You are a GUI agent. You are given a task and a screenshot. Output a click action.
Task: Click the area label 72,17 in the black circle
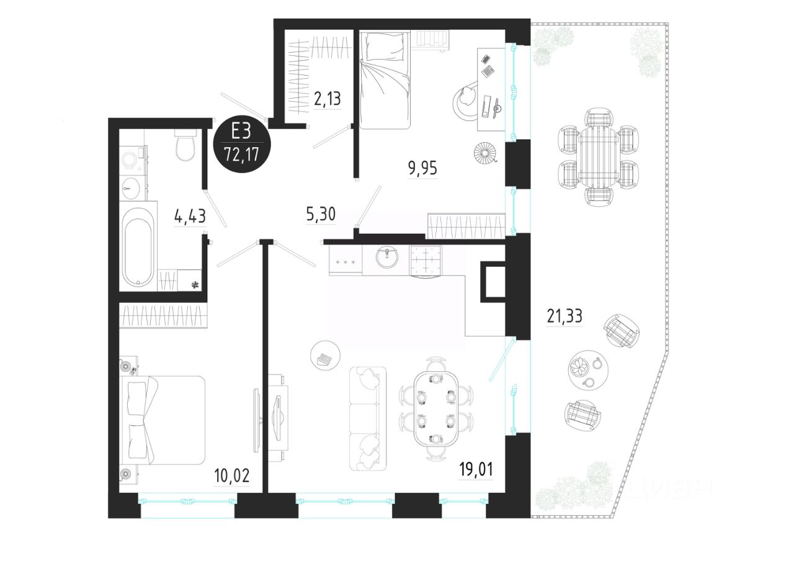tap(241, 155)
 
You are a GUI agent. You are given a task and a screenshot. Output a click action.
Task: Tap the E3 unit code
tap(241, 131)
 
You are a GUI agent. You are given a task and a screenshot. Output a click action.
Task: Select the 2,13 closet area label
tap(327, 99)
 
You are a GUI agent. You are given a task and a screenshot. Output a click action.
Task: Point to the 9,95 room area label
tap(422, 168)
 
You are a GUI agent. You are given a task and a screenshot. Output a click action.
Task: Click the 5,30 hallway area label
tap(321, 215)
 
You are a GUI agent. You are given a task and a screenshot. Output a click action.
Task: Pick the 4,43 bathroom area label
tap(190, 216)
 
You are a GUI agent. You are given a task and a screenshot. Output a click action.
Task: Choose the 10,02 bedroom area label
tap(232, 475)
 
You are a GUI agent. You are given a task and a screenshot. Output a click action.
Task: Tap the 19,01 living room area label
tap(476, 470)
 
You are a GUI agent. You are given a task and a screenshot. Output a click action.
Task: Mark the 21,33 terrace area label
tap(564, 316)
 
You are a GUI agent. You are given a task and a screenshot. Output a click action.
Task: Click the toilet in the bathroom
tap(185, 145)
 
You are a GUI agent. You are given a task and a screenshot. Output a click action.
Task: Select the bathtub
tap(138, 247)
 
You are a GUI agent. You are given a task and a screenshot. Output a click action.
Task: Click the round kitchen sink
tap(387, 258)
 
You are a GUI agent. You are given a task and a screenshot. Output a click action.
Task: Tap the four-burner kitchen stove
tap(426, 261)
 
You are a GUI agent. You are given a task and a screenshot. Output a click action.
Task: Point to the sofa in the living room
tap(368, 419)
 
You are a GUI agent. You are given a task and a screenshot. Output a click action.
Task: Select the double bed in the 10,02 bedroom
tap(164, 420)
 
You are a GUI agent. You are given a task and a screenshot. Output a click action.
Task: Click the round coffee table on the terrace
tap(588, 370)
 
